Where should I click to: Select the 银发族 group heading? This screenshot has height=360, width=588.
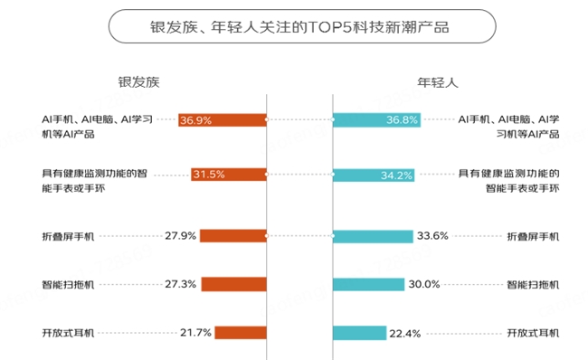coord(138,81)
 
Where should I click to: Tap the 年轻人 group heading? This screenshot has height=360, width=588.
coord(438,81)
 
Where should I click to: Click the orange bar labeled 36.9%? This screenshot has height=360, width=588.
coord(222,118)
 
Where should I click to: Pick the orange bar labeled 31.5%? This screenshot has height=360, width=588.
coord(228,175)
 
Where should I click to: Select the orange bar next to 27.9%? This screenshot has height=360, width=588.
coord(232,235)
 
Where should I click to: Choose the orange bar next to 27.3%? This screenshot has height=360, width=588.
coord(233,284)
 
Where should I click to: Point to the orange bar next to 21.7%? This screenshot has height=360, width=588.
coord(240,332)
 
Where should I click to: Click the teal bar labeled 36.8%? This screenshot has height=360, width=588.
coord(376,118)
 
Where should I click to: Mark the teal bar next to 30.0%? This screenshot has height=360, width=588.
coord(368,284)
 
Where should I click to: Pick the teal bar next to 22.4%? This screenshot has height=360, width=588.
coord(359,332)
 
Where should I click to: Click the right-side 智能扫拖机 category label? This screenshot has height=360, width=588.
coord(533,284)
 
